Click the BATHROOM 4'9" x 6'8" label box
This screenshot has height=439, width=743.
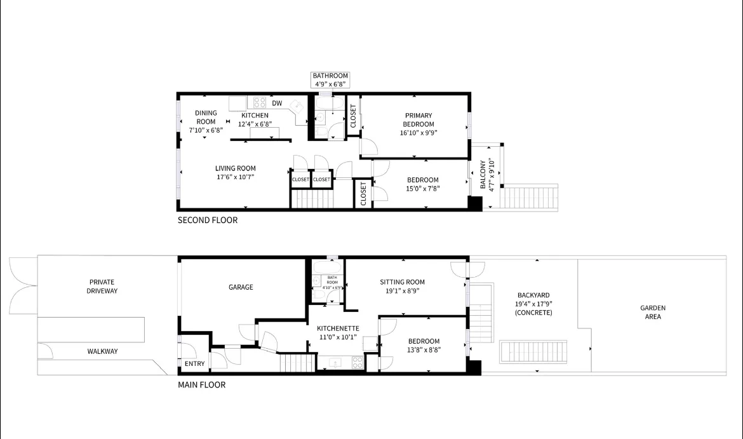[x=330, y=80]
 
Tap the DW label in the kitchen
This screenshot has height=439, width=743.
[x=277, y=103]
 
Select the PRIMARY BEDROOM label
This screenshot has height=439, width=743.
[x=418, y=120]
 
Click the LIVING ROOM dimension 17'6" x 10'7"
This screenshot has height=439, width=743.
[x=235, y=177]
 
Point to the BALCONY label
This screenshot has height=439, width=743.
[x=483, y=174]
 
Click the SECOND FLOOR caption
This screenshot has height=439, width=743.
[x=207, y=220]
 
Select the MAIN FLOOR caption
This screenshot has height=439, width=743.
[x=201, y=385]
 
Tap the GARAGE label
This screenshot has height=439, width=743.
[x=241, y=287]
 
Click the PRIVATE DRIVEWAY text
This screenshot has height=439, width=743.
[x=103, y=287]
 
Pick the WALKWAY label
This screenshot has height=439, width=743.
[x=102, y=351]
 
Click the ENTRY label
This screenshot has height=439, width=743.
[x=195, y=364]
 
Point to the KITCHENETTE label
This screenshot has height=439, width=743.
[x=338, y=328]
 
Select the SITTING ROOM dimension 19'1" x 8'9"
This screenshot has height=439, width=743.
[x=402, y=291]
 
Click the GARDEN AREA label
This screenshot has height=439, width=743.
[x=653, y=312]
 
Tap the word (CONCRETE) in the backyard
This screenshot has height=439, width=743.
[x=533, y=313]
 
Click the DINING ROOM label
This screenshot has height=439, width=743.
[x=206, y=118]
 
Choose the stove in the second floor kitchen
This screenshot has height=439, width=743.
[x=260, y=102]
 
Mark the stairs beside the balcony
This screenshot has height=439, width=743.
[x=531, y=196]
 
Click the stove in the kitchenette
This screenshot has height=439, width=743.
[x=357, y=363]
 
